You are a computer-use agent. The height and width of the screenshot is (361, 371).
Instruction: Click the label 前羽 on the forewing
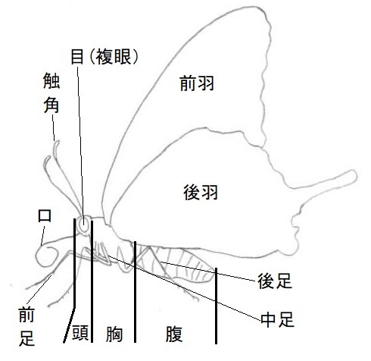tap(197, 83)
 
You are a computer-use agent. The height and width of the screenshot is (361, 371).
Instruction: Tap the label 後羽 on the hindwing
tap(201, 192)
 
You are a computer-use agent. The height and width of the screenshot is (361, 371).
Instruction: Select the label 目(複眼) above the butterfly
tap(104, 57)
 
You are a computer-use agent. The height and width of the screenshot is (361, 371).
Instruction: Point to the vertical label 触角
tap(51, 93)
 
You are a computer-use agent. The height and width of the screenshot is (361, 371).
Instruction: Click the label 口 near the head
tap(45, 216)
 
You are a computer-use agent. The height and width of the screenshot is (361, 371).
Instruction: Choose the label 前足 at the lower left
tap(26, 326)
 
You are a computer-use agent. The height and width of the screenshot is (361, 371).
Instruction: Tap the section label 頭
tap(80, 333)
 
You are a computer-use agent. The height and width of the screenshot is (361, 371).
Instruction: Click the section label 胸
tap(114, 334)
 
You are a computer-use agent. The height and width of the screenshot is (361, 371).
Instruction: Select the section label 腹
tap(174, 334)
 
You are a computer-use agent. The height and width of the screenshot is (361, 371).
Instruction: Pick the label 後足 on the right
tap(275, 281)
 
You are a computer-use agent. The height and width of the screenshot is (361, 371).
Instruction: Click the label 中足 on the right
tap(277, 319)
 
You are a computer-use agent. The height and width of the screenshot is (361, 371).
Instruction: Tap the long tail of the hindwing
tap(328, 180)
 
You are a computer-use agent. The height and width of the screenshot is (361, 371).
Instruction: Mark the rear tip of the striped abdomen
tap(214, 275)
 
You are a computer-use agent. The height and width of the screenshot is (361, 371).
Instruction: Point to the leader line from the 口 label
tap(43, 236)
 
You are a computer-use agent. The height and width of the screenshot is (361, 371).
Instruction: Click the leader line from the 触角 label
tap(54, 128)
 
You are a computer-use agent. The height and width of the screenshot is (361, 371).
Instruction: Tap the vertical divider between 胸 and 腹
tap(135, 292)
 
